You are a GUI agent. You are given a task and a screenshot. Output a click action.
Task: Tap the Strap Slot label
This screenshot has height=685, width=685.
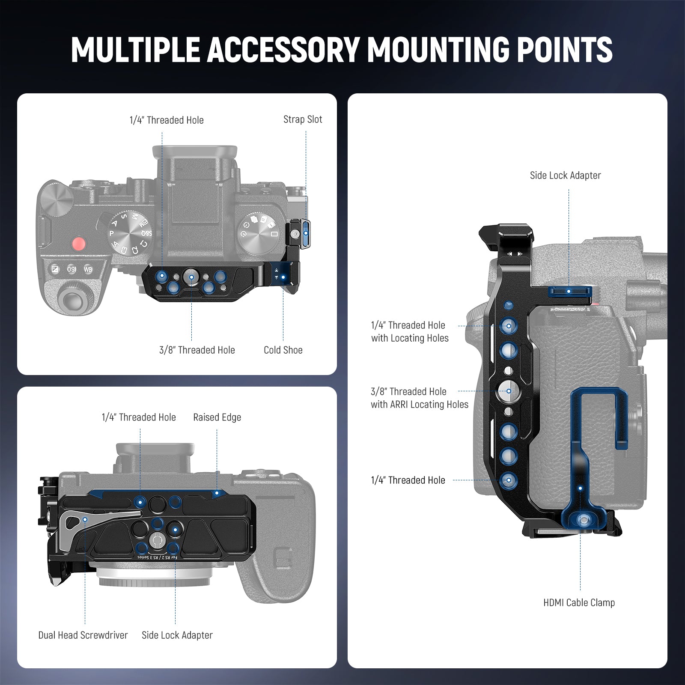(x=303, y=119)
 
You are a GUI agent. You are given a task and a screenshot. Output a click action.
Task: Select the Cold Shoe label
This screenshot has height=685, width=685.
(x=283, y=350)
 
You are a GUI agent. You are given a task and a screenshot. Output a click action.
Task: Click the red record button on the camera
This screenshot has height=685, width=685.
(x=78, y=244)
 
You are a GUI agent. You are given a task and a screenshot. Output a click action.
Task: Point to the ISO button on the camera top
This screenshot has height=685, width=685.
(x=71, y=269)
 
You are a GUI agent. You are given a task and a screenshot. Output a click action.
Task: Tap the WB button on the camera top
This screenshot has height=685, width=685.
(x=88, y=269)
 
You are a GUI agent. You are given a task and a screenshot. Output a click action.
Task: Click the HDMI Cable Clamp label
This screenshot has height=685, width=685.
(x=579, y=602)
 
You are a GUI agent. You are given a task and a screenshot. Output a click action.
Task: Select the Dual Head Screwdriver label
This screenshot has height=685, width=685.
(x=83, y=635)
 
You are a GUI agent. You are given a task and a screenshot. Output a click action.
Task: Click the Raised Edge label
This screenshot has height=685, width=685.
(x=217, y=417)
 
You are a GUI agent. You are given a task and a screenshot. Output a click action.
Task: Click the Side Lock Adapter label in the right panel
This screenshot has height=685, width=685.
(x=565, y=175)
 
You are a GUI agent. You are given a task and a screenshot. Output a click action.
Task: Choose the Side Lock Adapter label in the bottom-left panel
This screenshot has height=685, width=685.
(x=177, y=635)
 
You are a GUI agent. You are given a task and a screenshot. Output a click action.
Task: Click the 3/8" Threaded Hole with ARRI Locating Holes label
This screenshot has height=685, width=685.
(x=419, y=398)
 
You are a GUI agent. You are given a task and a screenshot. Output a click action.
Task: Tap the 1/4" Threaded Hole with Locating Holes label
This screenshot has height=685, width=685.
(x=410, y=331)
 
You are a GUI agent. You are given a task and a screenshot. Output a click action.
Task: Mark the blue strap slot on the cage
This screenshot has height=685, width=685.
(x=305, y=234)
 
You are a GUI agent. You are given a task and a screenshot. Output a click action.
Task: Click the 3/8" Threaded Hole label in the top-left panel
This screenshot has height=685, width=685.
(x=197, y=350)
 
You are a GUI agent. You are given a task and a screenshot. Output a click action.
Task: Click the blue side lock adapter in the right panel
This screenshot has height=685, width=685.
(x=569, y=292)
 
